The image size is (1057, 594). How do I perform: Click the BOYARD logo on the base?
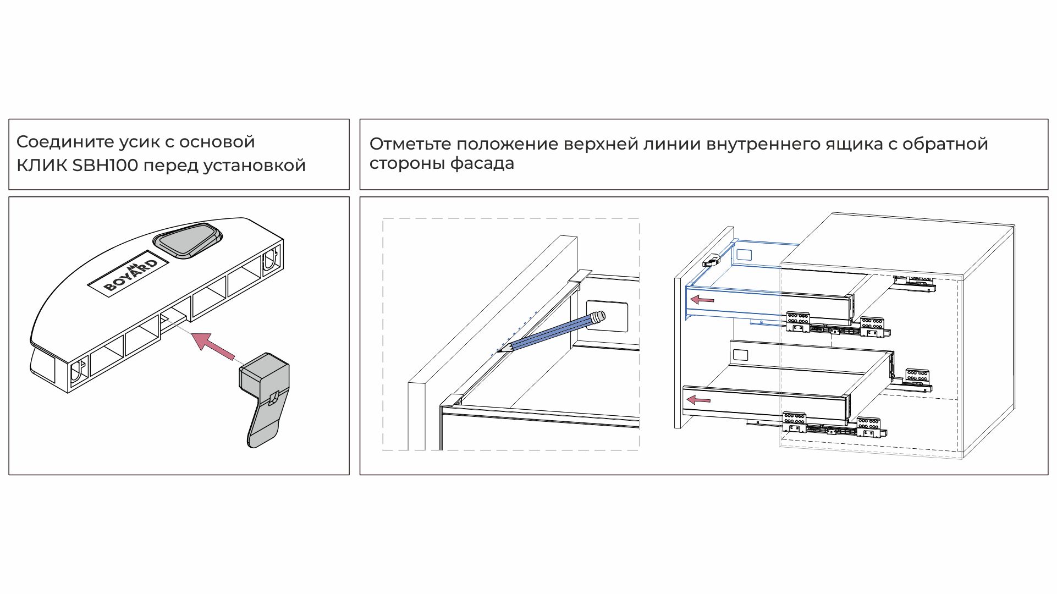click(x=131, y=273)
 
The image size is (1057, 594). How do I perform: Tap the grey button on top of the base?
click(x=188, y=240)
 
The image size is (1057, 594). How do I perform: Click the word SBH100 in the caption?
click(x=105, y=165)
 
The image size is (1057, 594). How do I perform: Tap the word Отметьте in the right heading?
click(x=410, y=144)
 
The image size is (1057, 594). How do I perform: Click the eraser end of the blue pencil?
click(x=598, y=317)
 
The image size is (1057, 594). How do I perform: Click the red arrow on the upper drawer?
click(x=702, y=300)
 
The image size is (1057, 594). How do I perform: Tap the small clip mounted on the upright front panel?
click(x=712, y=260)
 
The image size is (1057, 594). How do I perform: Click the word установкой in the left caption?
click(x=254, y=165)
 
